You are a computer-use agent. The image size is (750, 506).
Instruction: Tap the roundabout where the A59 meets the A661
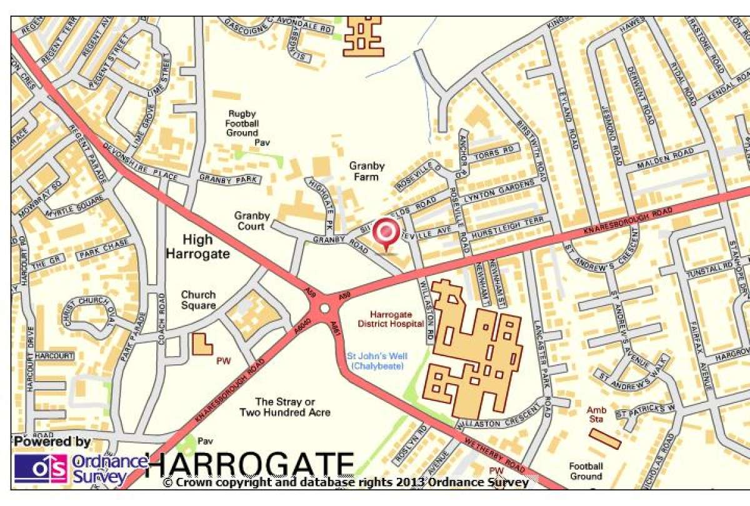pos(324,309)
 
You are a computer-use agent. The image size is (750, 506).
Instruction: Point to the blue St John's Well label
pos(376,361)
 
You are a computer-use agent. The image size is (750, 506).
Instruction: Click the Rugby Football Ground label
pos(242,123)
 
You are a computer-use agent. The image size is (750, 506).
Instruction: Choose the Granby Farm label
pos(367,171)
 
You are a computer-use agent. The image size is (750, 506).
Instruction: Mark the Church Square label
pos(199,300)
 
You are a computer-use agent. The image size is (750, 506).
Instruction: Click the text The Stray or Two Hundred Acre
pos(285,407)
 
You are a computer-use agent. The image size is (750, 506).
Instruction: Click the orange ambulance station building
pos(604,439)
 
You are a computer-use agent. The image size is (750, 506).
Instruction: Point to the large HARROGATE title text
pos(250,465)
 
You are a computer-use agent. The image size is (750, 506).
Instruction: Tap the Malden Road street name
pos(666,160)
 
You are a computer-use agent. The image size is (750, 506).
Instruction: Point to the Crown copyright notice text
pos(346,482)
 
